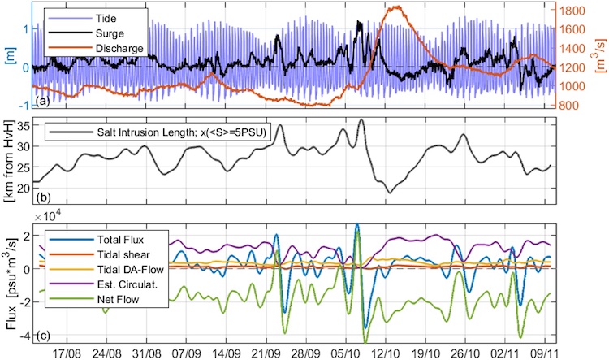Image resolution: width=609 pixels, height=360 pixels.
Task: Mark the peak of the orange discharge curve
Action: pos(396,7)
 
